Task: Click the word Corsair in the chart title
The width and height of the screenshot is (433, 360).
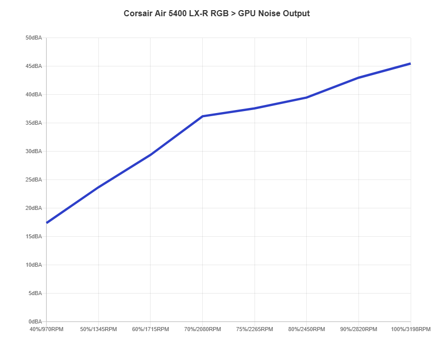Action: pos(137,13)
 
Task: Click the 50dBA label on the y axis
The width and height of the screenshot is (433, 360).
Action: pos(33,38)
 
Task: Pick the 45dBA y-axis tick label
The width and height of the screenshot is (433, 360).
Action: pos(33,66)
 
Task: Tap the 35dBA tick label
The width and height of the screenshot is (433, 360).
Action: pos(33,123)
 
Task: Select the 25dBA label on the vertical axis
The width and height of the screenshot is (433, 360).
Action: pos(33,180)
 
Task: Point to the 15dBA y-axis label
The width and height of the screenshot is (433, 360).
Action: pos(33,237)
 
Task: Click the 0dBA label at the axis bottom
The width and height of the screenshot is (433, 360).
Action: pos(34,322)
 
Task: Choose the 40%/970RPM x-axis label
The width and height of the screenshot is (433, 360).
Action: pos(47,330)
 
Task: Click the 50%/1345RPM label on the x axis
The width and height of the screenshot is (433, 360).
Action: pos(99,330)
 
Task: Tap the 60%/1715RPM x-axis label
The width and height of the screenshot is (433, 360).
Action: pos(151,330)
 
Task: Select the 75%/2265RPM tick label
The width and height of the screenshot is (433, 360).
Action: pos(255,330)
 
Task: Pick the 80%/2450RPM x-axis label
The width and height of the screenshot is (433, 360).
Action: pos(306,330)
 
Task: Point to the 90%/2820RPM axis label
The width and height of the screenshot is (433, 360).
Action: pos(358,330)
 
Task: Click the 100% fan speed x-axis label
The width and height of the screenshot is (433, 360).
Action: pos(410,330)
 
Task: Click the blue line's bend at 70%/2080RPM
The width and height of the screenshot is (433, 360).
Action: pos(203,116)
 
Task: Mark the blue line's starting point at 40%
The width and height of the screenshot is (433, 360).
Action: pos(47,223)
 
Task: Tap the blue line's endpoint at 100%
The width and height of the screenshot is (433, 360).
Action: pos(410,63)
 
